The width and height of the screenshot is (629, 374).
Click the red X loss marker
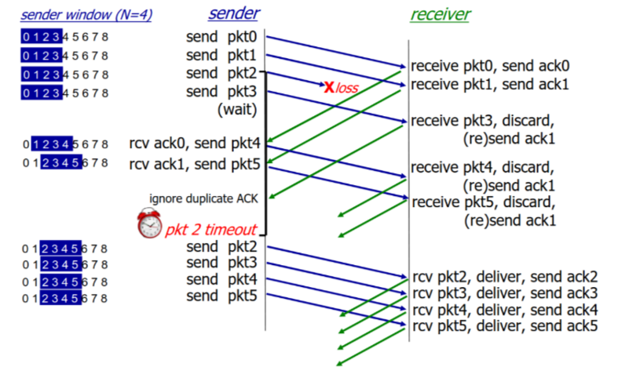(328, 86)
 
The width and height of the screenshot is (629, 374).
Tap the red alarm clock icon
(148, 224)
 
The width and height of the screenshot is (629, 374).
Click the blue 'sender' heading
(233, 13)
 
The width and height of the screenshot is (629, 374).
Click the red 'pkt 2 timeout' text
(211, 229)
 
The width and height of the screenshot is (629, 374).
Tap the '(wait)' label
(237, 110)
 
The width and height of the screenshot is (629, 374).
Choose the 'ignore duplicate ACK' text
(203, 197)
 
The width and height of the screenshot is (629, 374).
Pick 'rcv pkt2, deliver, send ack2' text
(505, 276)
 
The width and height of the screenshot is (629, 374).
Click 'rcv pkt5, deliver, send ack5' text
(505, 325)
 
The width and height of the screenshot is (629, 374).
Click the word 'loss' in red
(347, 89)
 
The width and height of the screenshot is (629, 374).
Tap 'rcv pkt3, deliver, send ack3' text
(505, 292)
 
